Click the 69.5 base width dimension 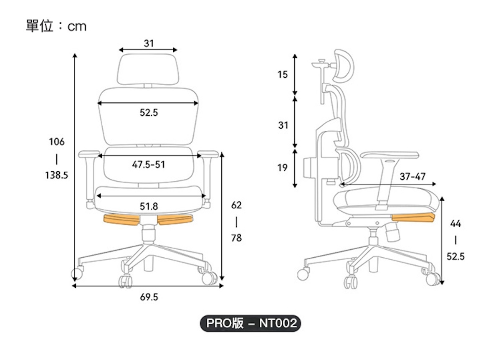click(x=149, y=297)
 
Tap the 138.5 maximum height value click(x=57, y=175)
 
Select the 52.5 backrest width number click(x=149, y=112)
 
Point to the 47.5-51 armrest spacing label click(x=149, y=165)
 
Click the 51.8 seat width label click(x=149, y=206)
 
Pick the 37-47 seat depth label click(x=412, y=177)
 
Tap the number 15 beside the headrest click(x=283, y=74)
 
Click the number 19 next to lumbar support click(x=283, y=167)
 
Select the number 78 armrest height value click(x=236, y=238)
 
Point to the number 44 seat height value click(x=455, y=223)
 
